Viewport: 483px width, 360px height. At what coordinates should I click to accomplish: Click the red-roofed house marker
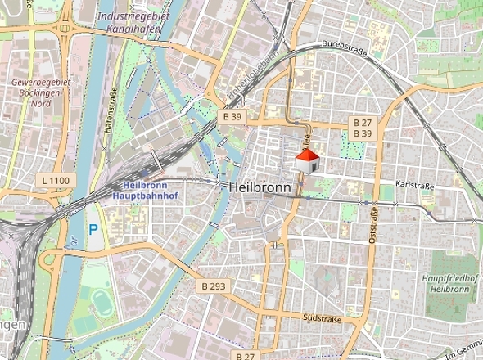coord(306,160)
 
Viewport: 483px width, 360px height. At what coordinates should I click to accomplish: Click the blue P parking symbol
coord(93,231)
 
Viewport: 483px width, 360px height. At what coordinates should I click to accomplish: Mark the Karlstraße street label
coord(413,186)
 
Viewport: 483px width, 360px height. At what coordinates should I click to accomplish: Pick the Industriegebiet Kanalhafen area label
coord(132,22)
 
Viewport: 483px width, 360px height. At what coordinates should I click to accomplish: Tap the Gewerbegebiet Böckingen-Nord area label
coord(41,93)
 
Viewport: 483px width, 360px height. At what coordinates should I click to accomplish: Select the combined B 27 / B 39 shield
coord(362,128)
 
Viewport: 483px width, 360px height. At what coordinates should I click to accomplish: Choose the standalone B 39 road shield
coord(232,117)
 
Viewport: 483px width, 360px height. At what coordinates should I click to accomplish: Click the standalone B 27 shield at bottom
coord(246,356)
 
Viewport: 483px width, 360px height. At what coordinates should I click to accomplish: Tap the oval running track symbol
coord(100,299)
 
